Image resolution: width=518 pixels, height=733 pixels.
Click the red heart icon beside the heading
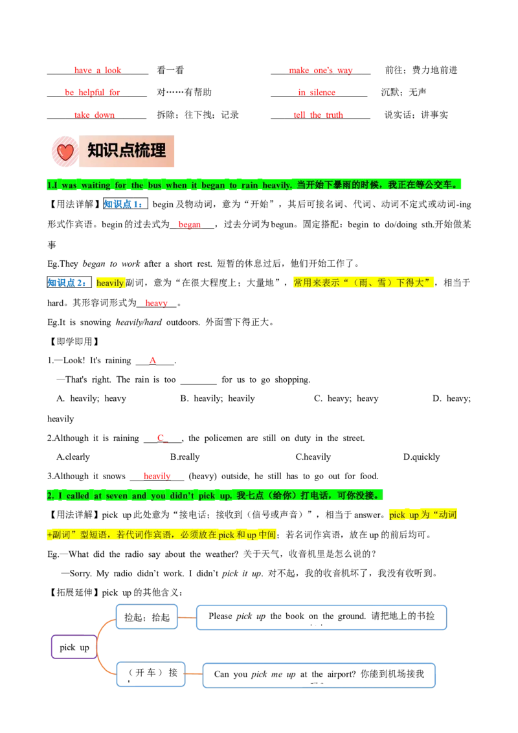coord(65,153)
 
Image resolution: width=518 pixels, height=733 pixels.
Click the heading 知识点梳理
coord(127,151)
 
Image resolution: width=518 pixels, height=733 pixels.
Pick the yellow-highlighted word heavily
coord(110,283)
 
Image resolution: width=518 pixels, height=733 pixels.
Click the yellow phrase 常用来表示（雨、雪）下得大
coord(362,283)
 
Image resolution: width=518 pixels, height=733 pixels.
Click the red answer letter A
coord(153,360)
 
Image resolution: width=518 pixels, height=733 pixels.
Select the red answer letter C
coord(161,438)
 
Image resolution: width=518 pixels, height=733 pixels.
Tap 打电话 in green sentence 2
coord(315,496)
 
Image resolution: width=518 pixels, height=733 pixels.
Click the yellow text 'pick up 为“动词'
coord(423,515)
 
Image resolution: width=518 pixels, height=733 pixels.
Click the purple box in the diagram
coord(73,646)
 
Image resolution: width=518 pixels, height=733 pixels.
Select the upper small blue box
coord(147,617)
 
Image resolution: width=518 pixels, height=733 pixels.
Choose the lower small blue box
coord(150,674)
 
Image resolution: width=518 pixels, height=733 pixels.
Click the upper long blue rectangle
coord(322,617)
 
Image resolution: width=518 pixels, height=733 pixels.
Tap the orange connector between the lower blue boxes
coord(194,674)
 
